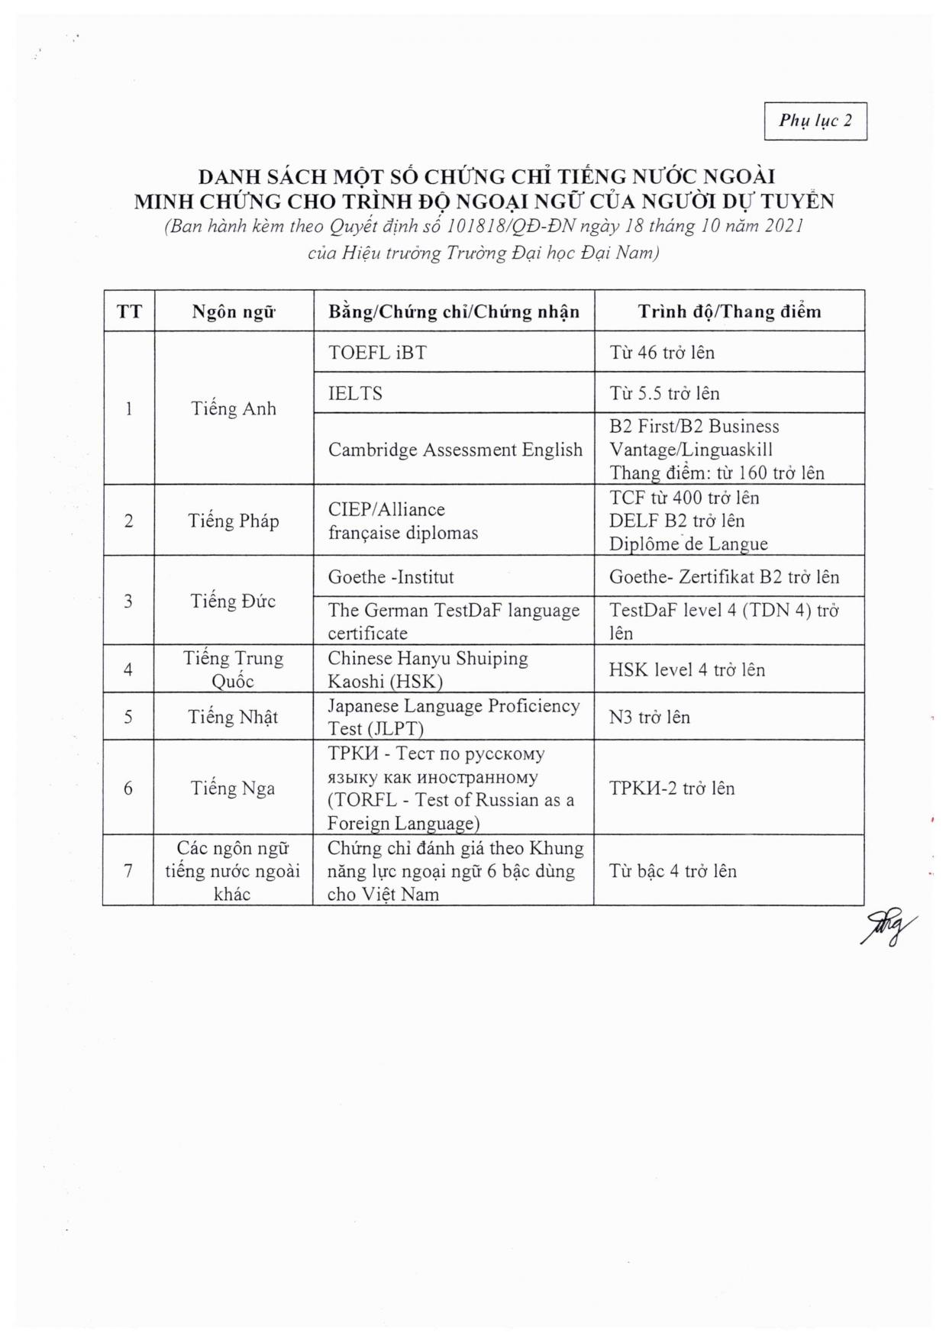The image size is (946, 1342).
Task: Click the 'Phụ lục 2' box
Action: [815, 121]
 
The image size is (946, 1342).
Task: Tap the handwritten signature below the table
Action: [888, 927]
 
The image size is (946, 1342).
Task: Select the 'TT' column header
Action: [129, 311]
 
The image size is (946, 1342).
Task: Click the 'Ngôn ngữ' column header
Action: [234, 311]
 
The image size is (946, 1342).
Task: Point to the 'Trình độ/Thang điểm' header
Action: [729, 311]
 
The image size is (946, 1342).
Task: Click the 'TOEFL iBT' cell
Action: [377, 352]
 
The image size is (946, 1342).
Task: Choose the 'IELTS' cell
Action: [355, 393]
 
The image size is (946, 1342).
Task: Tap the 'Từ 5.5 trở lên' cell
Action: [664, 393]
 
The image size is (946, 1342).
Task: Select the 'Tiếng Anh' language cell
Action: [234, 408]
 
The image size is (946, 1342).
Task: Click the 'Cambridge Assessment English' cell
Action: [455, 450]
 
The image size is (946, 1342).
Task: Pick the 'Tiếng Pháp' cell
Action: [234, 521]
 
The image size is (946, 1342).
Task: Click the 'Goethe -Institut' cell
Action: [391, 577]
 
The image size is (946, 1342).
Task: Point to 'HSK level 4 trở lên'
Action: [686, 669]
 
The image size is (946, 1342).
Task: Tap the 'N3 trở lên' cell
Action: [649, 717]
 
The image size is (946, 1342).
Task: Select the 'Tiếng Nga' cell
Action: [233, 788]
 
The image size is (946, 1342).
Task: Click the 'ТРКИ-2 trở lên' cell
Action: [671, 788]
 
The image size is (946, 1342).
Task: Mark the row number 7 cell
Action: [128, 870]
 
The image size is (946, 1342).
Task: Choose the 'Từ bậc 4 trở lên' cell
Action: [673, 870]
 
